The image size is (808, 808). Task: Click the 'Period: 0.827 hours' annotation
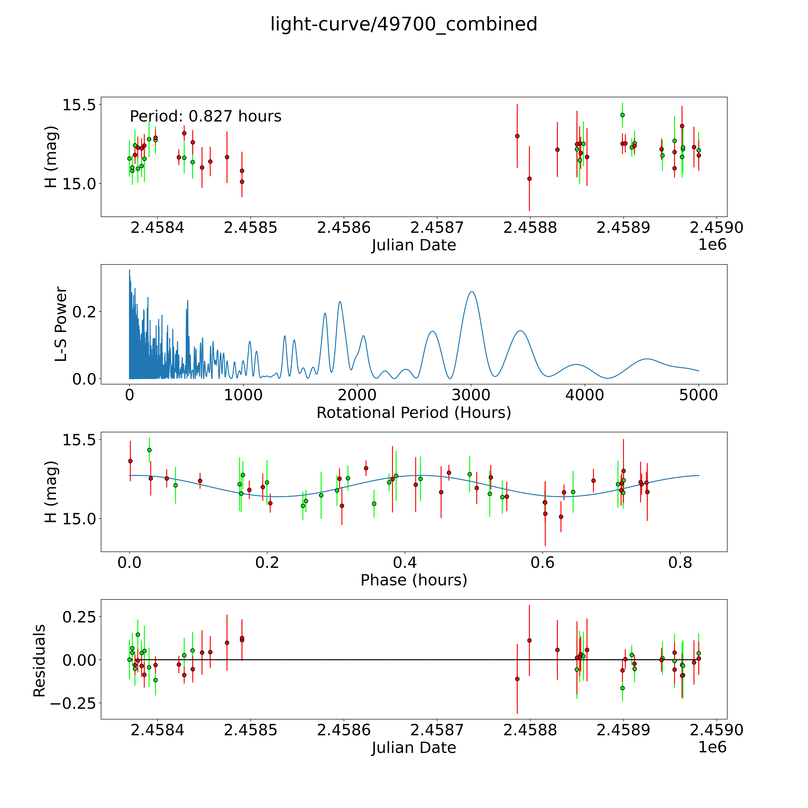tap(205, 116)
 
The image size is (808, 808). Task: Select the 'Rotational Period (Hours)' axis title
tap(414, 413)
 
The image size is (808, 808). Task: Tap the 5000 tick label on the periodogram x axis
tap(698, 395)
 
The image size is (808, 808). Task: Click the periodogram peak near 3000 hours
tap(471, 291)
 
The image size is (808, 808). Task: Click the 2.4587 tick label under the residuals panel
tap(437, 730)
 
